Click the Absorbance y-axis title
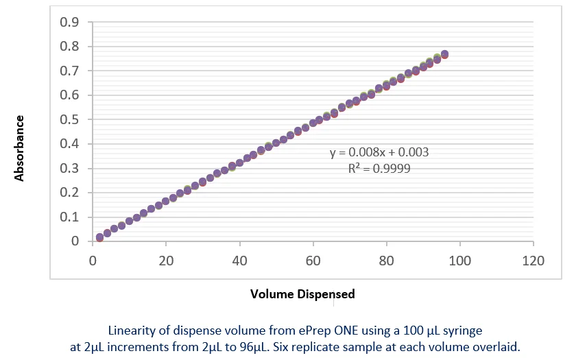(20, 148)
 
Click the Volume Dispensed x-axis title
(302, 294)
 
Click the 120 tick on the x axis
(533, 261)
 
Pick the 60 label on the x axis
(313, 261)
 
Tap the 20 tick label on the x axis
(166, 261)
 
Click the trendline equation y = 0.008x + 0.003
(379, 152)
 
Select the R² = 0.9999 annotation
(379, 168)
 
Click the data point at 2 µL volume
(100, 237)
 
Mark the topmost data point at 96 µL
(444, 53)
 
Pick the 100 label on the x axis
(459, 261)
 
